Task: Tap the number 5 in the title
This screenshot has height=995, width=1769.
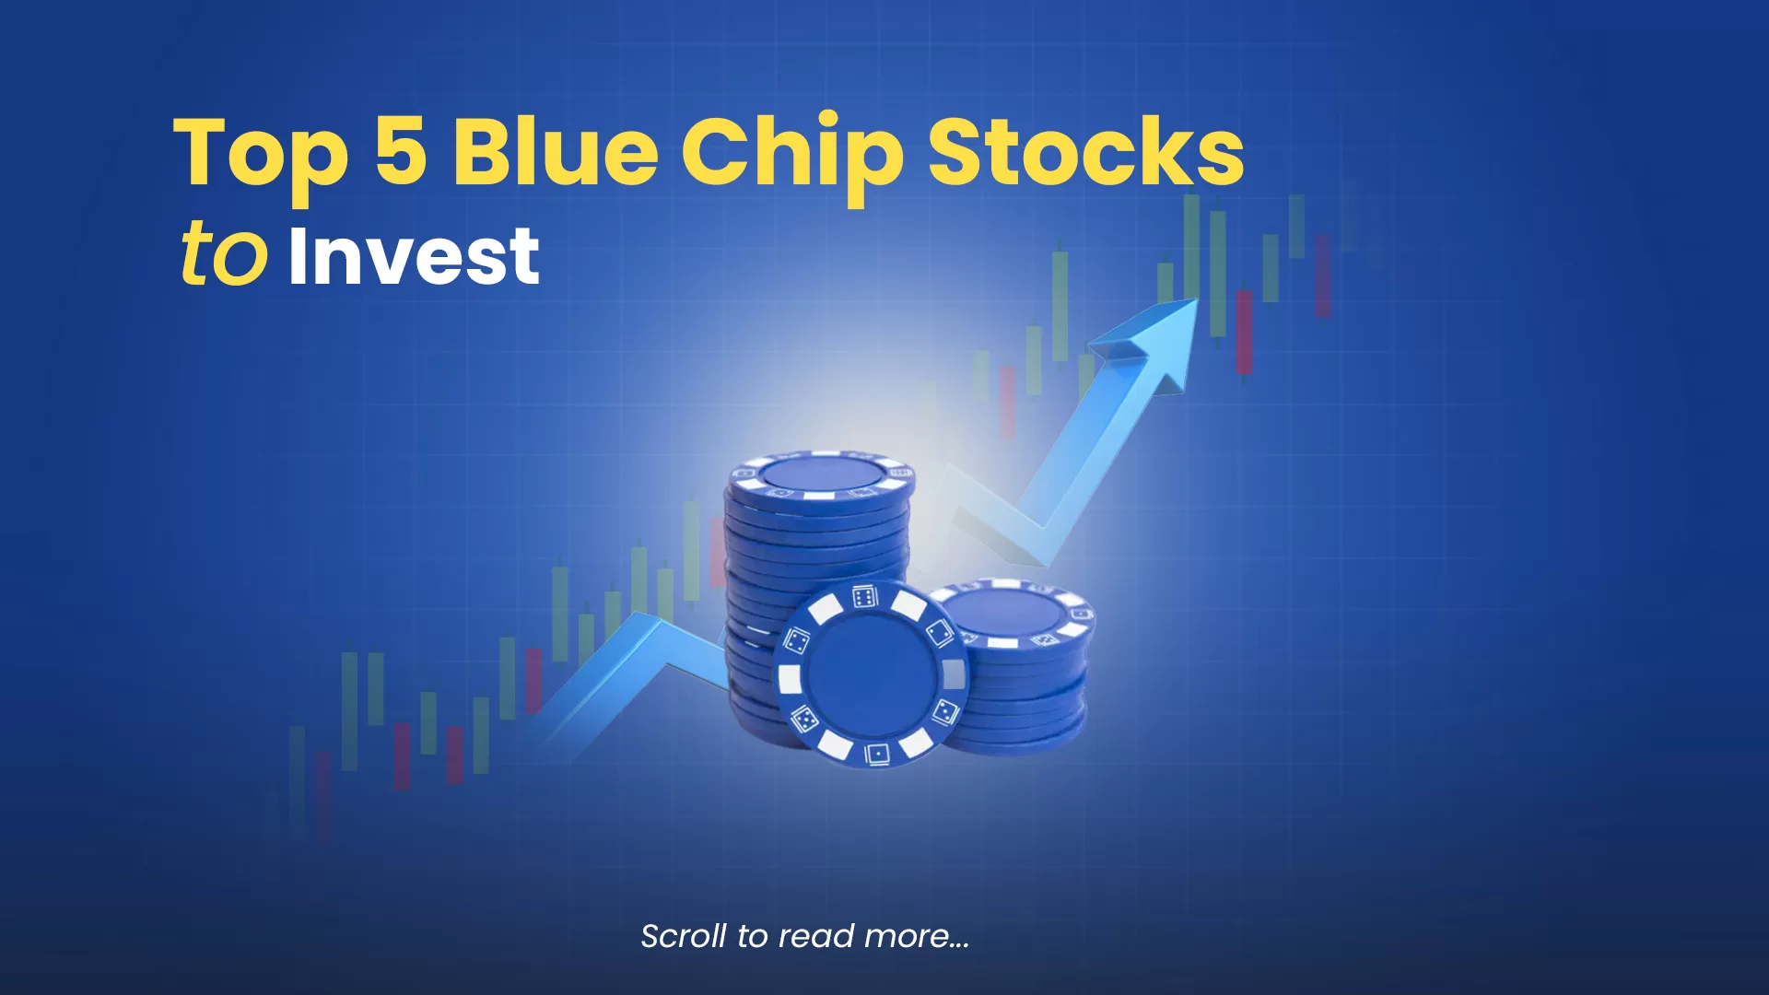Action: click(400, 150)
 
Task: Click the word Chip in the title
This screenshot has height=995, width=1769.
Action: click(791, 157)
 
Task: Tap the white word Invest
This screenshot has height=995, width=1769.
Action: click(414, 255)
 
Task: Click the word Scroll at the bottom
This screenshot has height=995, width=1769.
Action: click(684, 936)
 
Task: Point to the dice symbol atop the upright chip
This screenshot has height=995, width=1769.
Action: click(864, 596)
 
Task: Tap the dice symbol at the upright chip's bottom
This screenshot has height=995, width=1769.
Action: click(877, 754)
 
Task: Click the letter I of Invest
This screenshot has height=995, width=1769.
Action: click(297, 255)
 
